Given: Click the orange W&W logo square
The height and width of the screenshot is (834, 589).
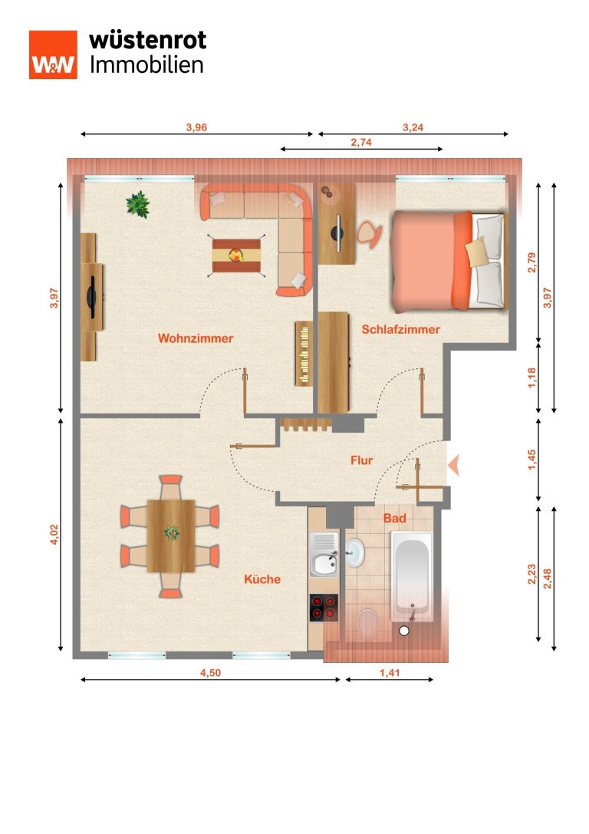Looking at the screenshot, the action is click(53, 54).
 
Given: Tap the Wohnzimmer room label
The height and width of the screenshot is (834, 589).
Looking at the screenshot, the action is click(196, 338).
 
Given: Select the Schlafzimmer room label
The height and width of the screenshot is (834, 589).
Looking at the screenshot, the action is click(401, 329).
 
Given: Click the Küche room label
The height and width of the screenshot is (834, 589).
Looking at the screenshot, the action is click(262, 579).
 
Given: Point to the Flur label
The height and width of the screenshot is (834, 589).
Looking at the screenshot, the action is click(361, 460).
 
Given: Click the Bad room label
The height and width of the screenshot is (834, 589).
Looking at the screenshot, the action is click(395, 518).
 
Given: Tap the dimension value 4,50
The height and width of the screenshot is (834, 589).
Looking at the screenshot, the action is click(210, 673).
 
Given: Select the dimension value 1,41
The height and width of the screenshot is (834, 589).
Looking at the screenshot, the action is click(390, 673).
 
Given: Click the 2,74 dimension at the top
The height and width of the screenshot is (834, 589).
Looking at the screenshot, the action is click(361, 142).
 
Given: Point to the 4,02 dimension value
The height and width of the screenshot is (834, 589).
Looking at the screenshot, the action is click(54, 534).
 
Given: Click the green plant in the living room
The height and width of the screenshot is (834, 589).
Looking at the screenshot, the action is click(138, 204).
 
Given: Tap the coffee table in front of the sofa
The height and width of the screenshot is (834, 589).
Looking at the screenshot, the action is click(236, 255).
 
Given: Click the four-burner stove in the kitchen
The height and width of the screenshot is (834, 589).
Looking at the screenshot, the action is click(324, 608).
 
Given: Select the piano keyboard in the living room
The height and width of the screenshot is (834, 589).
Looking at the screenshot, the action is click(304, 353).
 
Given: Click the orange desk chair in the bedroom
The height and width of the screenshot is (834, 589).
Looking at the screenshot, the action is click(369, 233).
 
